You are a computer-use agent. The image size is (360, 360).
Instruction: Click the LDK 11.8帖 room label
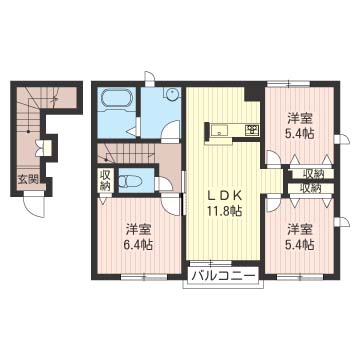coord(225,204)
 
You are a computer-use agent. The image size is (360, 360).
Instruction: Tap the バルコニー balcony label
coord(224,276)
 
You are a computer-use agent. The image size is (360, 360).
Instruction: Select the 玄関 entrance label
coord(27,179)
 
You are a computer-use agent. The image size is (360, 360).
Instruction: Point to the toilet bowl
coord(131,181)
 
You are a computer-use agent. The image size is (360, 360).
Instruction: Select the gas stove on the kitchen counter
coord(252,130)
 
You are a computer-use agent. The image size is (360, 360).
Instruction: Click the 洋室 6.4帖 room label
coord(139,237)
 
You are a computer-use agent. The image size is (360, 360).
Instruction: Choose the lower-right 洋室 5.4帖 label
coord(301,237)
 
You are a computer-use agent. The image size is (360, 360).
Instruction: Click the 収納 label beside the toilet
coord(105,180)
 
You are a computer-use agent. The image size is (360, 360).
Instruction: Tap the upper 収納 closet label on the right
coord(312,173)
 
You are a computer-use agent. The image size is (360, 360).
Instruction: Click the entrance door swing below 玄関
coord(34,206)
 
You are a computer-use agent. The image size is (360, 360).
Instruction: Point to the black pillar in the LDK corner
coord(254,93)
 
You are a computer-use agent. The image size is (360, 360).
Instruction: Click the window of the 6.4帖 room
coord(144,276)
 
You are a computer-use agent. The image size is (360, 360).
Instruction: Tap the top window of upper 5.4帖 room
coord(289,83)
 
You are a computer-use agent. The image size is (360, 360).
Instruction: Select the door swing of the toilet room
coord(164,184)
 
